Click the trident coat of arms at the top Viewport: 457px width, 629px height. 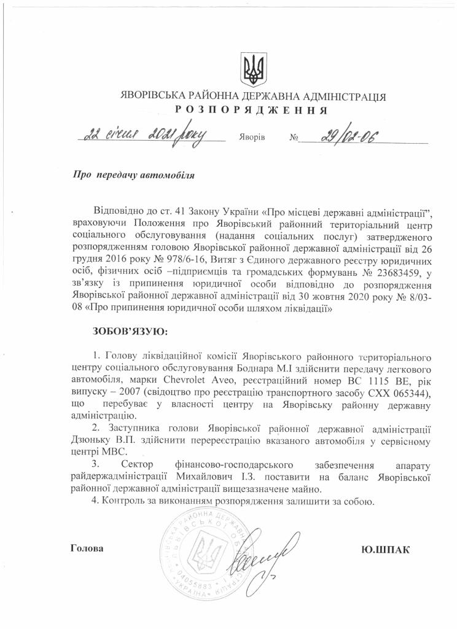(252, 69)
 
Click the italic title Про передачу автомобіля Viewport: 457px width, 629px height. (134, 176)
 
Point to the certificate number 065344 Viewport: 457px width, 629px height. (405, 393)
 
